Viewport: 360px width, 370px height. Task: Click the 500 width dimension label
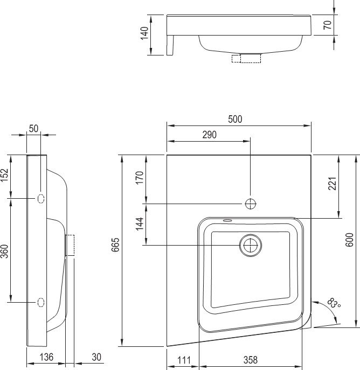pos(235,119)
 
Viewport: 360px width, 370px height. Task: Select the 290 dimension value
pos(210,135)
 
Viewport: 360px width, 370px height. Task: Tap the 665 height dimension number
pos(115,245)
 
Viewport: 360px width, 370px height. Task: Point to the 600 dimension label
pos(350,240)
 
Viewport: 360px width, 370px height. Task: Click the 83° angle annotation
pos(334,303)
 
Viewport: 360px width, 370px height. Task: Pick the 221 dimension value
pos(333,184)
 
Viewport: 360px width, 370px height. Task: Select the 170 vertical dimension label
pos(140,178)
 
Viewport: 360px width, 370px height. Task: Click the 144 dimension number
pos(140,224)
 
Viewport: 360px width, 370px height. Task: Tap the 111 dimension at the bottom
pos(184,360)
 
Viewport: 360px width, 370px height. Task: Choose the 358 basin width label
pos(250,360)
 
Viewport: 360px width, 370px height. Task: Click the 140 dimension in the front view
pos(144,33)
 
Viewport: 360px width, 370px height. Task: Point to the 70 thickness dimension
pos(328,25)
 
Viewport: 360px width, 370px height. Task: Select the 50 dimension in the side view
pos(33,129)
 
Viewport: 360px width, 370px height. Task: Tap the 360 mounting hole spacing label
pos(4,252)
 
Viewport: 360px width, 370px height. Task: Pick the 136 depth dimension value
pos(46,357)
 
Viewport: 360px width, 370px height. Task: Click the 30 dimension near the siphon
pos(96,357)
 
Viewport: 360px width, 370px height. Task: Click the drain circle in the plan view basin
pos(251,246)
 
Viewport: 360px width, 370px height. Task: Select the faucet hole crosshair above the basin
pos(251,204)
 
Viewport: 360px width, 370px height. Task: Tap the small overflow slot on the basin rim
pos(227,221)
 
